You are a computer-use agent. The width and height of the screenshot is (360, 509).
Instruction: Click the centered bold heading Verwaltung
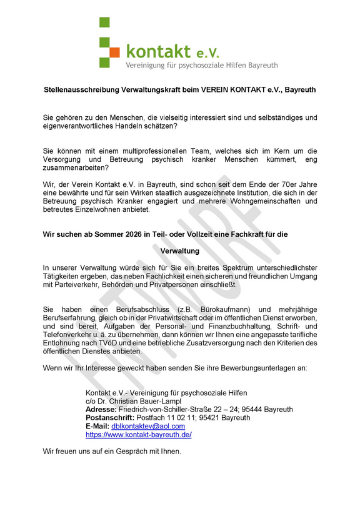point(180,250)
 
